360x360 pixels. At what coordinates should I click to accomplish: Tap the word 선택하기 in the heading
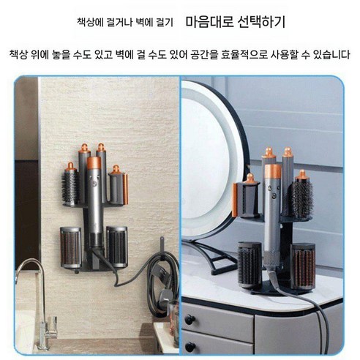click(x=260, y=23)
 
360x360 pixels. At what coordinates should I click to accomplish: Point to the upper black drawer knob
click(x=192, y=320)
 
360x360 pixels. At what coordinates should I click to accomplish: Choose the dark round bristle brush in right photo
click(x=302, y=198)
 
